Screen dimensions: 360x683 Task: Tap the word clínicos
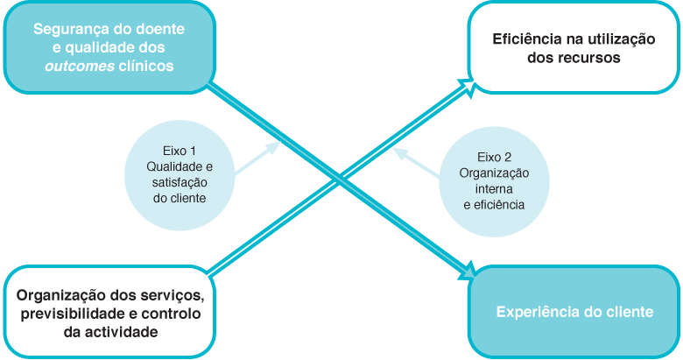pos(147,66)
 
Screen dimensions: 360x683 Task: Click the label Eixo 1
pos(180,150)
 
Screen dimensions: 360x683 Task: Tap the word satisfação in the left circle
pos(180,181)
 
